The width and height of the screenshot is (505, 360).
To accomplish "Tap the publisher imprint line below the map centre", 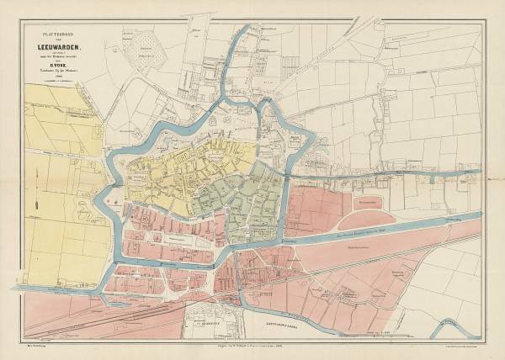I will pyautogui.click(x=252, y=346).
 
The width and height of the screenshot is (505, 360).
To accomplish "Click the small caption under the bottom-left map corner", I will pyautogui.click(x=34, y=345).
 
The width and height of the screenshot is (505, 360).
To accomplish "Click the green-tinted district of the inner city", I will pyautogui.click(x=252, y=198).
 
